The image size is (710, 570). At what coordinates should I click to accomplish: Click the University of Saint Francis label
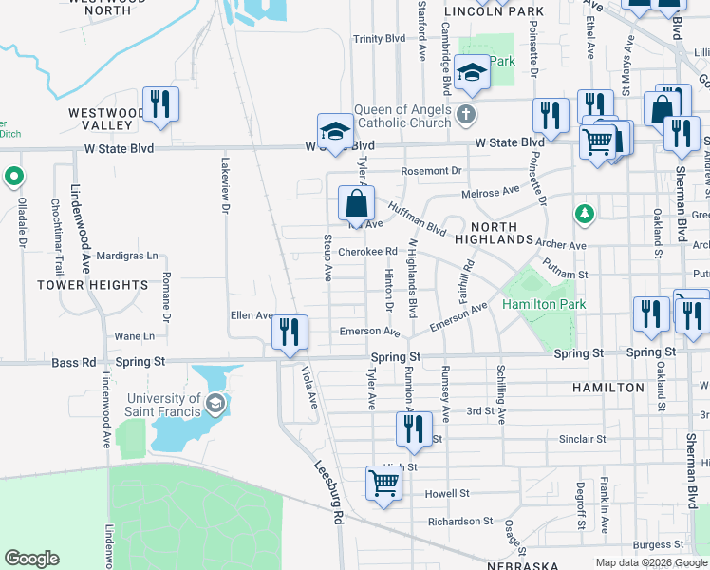[162, 405]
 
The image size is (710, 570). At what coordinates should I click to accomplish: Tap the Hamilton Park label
[544, 304]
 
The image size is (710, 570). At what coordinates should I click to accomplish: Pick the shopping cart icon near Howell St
[383, 482]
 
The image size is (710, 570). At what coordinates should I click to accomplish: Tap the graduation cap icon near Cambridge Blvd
[471, 73]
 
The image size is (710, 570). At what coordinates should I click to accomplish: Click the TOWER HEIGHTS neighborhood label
[93, 284]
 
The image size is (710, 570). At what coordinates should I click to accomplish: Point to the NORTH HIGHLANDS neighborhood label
[494, 234]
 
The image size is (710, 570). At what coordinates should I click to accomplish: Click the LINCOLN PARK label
[494, 11]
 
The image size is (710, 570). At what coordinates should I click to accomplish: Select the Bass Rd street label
[75, 362]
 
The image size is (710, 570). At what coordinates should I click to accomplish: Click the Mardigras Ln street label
[126, 256]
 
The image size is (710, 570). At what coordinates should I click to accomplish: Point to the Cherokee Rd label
[367, 252]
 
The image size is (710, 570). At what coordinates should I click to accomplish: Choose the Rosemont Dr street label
[431, 171]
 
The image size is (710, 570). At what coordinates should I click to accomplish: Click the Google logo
[31, 559]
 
